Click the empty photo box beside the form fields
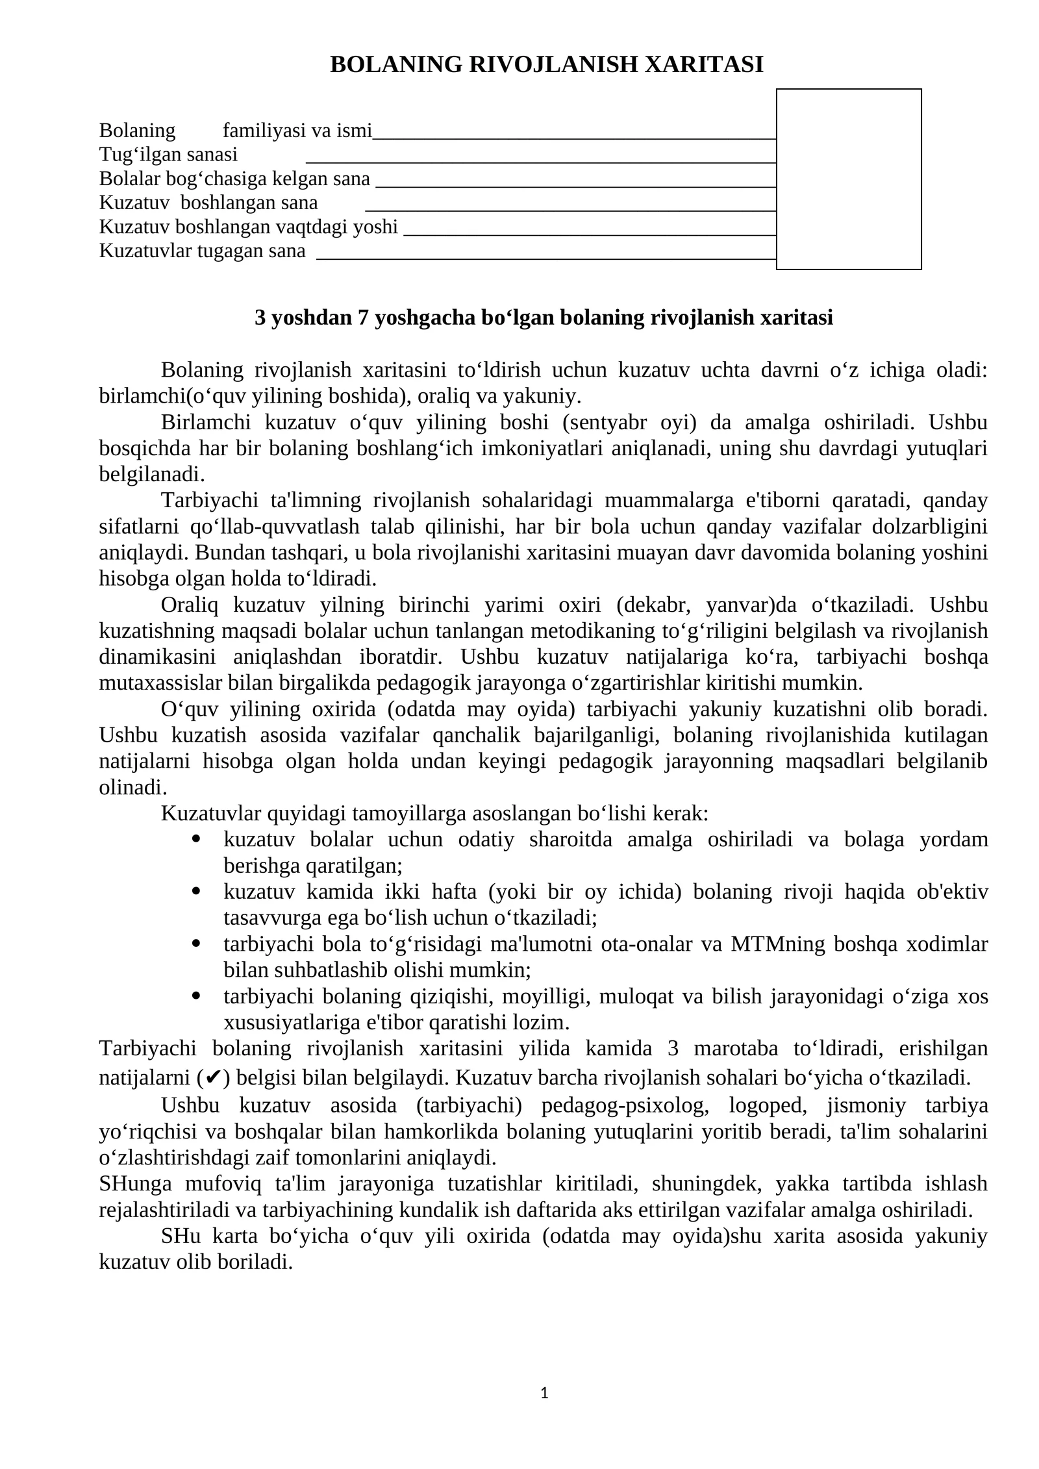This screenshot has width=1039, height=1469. pos(848,179)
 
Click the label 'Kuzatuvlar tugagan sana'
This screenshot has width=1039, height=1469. pos(202,251)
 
